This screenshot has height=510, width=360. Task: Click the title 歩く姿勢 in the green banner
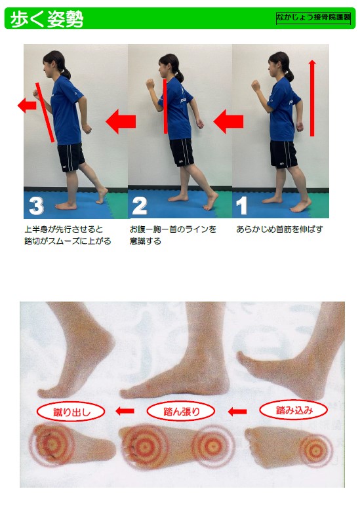47,19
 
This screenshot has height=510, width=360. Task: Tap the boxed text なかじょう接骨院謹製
313,18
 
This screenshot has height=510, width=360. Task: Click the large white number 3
37,205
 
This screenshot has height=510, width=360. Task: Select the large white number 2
139,206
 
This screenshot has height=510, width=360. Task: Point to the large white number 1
241,206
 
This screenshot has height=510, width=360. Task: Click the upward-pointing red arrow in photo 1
312,98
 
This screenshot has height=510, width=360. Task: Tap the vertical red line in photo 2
165,106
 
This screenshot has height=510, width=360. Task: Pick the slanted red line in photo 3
45,113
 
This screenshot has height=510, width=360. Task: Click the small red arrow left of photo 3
27,105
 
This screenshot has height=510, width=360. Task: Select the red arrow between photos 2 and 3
121,122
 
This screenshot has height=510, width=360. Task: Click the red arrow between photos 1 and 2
228,122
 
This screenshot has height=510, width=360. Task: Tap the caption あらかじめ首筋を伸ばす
279,229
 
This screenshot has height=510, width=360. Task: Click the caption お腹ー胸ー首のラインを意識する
173,235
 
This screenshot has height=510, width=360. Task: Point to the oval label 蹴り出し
71,412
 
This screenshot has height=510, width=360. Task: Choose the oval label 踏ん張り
181,412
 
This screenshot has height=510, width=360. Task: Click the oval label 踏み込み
293,410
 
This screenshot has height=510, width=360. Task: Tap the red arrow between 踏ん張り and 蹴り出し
125,411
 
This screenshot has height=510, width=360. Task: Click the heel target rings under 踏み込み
315,450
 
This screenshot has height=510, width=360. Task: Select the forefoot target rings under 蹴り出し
51,444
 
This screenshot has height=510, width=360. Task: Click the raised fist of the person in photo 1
256,86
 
